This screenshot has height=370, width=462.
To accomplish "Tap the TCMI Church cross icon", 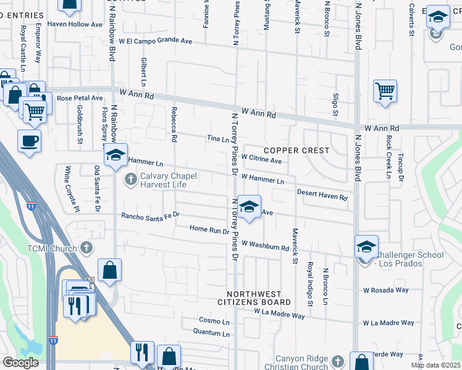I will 86,248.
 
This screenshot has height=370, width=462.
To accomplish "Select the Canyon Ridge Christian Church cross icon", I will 337,361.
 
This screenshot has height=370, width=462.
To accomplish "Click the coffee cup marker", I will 30,141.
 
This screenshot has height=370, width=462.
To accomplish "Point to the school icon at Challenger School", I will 366,247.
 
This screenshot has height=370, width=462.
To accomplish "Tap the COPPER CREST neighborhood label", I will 296,150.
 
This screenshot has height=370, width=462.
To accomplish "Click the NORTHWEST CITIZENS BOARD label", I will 253,298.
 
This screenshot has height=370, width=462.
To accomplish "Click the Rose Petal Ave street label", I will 80,98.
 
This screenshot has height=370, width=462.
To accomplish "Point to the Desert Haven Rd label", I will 322,194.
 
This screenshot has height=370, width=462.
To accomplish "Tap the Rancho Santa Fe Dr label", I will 150,215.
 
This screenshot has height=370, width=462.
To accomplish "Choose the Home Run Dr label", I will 209,229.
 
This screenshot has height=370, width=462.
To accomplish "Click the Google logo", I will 20,363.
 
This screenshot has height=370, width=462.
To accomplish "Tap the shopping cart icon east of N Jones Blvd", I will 385,92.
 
